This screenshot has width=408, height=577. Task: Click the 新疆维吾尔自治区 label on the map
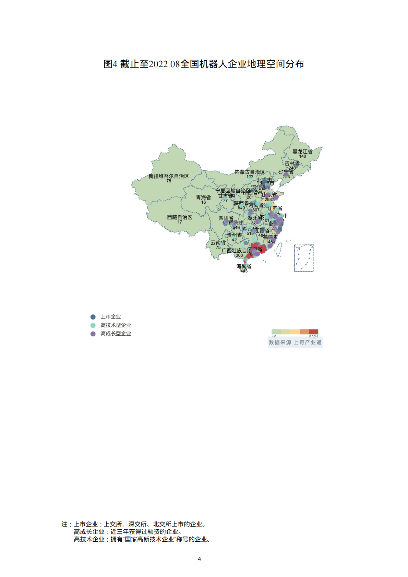pos(168,176)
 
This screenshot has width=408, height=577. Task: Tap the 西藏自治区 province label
pos(179,217)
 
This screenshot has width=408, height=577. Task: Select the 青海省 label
pos(203,198)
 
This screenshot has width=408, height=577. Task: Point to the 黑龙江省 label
pos(302,152)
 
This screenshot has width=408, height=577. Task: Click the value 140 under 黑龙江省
pos(302,156)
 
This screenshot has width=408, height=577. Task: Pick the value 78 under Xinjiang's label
pos(169,181)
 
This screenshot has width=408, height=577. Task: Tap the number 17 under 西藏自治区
pos(180,222)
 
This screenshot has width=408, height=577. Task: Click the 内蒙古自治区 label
pos(250,172)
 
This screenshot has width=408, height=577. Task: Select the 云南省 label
pos(218,243)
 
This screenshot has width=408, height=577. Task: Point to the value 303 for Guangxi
pos(239,255)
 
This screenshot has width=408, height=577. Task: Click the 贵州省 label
pos(234,235)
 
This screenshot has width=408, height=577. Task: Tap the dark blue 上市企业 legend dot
pos(93,317)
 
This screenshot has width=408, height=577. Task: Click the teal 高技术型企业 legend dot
pos(93,325)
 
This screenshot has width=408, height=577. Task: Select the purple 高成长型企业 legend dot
pos(93,334)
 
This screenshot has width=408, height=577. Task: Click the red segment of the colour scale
pos(313,332)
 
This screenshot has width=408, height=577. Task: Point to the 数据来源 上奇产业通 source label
pos(295,342)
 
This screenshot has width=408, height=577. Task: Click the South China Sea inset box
pos(304,258)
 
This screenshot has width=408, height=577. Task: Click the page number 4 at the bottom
pos(199,559)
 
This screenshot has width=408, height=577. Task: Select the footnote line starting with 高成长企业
pos(128,532)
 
